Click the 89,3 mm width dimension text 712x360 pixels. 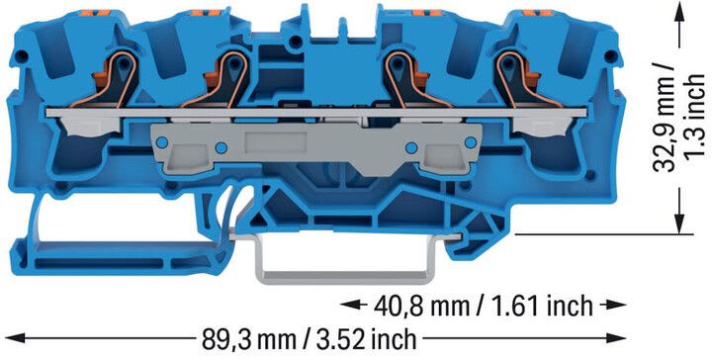click(309, 338)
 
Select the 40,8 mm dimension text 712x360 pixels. click(484, 306)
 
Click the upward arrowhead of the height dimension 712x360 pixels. click(679, 11)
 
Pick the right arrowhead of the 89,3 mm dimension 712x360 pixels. click(616, 338)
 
